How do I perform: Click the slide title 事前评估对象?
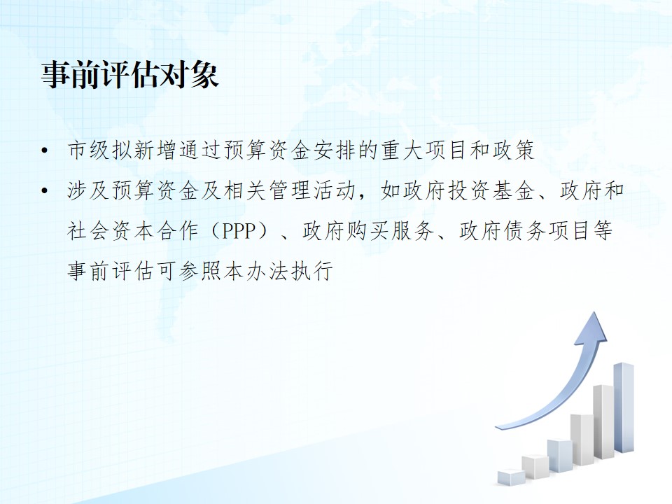click(130, 76)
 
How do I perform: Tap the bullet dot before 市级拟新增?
click(45, 151)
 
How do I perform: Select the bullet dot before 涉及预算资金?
click(45, 190)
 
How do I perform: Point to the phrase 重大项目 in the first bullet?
click(423, 150)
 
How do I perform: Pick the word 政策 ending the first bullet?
click(513, 150)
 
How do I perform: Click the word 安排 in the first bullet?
click(335, 150)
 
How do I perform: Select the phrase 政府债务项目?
click(524, 230)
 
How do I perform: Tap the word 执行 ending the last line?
click(312, 271)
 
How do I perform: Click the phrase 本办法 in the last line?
click(256, 271)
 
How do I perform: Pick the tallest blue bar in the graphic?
click(624, 407)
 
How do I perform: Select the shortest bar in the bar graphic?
click(511, 477)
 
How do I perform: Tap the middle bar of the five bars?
click(559, 456)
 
